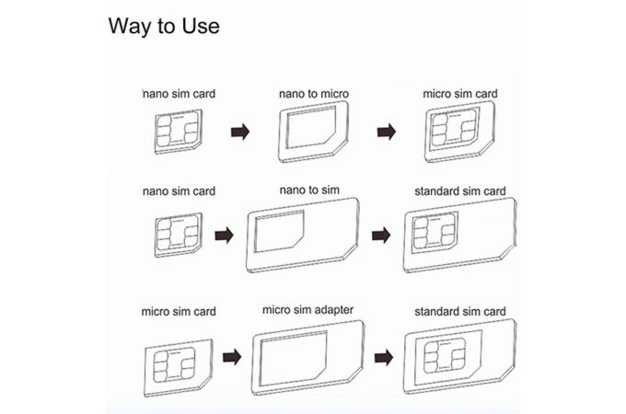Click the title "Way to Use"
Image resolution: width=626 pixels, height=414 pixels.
coord(164,26)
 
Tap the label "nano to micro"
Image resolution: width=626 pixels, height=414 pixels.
coord(314,94)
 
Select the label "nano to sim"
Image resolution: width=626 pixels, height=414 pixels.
coord(309,190)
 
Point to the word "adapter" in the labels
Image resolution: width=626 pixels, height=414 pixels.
coord(332,310)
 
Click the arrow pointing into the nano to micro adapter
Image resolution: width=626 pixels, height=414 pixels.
coord(240,132)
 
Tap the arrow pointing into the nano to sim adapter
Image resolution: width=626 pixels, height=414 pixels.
coord(224,236)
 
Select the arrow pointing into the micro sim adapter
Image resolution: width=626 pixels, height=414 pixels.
coord(232,357)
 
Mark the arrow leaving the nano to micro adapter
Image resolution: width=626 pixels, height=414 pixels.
coord(387,132)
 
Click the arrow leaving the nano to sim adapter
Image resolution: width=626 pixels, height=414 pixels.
coord(381,236)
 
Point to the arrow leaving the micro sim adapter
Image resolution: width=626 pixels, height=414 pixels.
coord(384,357)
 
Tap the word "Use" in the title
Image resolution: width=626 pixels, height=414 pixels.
coord(201,26)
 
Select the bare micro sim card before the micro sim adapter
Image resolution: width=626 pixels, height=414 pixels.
coord(178,368)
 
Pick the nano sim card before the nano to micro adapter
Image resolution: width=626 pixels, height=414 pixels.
coord(178,132)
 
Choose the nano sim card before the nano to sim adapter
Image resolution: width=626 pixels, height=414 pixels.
coord(178,235)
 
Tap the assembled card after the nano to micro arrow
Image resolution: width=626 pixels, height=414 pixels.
coord(460,132)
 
